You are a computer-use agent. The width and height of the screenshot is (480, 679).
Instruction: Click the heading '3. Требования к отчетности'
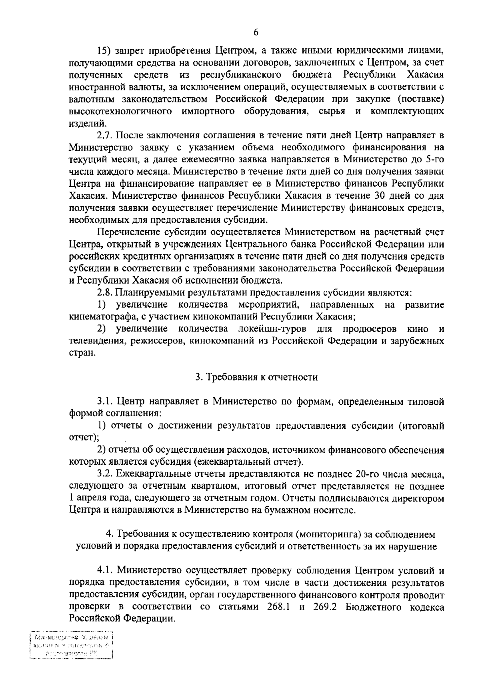[256, 377]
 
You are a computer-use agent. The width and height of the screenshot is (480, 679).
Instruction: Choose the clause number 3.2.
[104, 474]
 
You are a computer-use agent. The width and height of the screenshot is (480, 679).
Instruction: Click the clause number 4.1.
[104, 570]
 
